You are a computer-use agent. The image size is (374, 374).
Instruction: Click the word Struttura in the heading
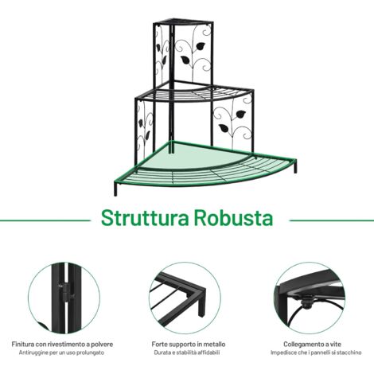[x=145, y=218]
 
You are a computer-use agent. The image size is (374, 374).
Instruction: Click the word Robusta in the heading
[x=234, y=218]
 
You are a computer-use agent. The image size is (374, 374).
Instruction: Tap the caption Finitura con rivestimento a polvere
[x=62, y=345]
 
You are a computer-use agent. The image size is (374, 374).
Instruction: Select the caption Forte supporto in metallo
[x=189, y=345]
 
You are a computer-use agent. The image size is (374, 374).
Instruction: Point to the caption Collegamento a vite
[x=312, y=345]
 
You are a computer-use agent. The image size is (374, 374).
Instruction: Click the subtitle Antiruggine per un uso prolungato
[x=61, y=353]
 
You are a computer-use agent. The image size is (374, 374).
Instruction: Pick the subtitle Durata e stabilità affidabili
[x=187, y=353]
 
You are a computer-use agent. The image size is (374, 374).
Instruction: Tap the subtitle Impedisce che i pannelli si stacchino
[x=316, y=353]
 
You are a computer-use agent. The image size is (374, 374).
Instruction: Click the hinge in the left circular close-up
[x=64, y=293]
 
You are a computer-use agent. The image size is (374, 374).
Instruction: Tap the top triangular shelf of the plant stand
[x=183, y=21]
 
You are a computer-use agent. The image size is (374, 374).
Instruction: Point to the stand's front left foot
[x=115, y=189]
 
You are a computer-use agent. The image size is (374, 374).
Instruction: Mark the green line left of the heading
[x=45, y=220]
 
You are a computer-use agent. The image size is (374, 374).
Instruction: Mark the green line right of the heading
[x=332, y=220]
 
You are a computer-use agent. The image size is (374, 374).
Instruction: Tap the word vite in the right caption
[x=335, y=345]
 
